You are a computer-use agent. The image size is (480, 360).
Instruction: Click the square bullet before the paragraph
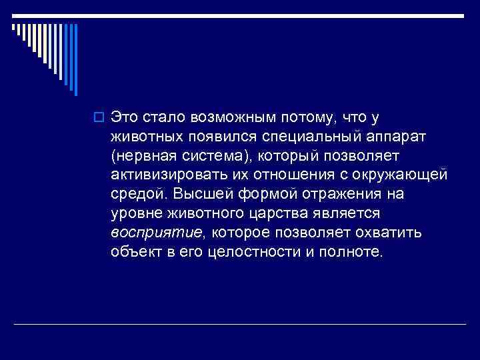[x=101, y=118]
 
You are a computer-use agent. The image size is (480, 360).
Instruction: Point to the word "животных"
[x=147, y=137]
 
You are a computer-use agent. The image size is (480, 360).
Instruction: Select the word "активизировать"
[x=165, y=175]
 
